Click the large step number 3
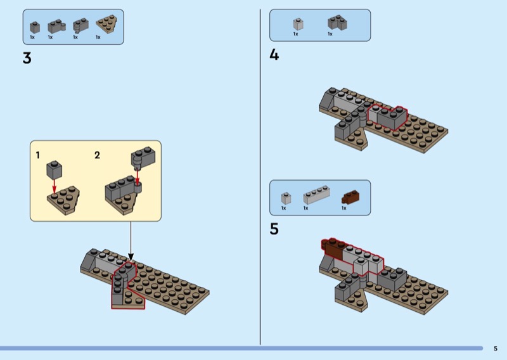[x=27, y=58]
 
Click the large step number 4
[x=274, y=55]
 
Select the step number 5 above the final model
[x=274, y=229]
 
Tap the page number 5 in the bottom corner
[x=496, y=348]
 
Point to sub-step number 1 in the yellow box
[x=38, y=155]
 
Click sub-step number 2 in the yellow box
[x=97, y=155]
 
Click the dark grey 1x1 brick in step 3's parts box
[x=35, y=27]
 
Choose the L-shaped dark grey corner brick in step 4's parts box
[x=336, y=23]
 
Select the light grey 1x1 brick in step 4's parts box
[x=297, y=23]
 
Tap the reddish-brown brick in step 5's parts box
[x=350, y=196]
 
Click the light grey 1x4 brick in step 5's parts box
[x=316, y=195]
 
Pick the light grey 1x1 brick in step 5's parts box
[x=285, y=197]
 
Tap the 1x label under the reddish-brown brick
[x=344, y=208]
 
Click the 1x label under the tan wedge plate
[x=98, y=37]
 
